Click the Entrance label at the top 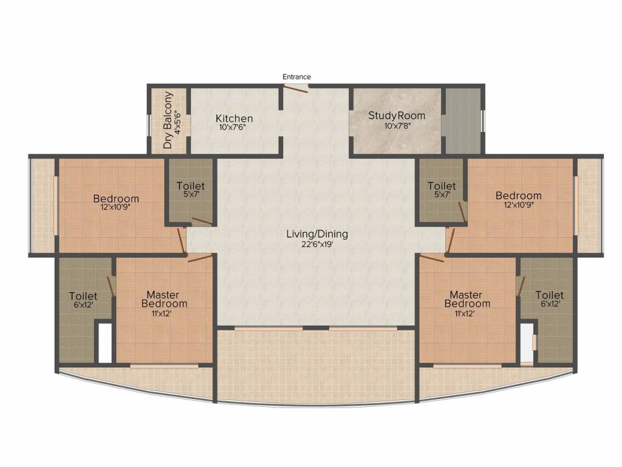(x=296, y=77)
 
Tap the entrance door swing (x=296, y=89)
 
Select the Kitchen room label (x=234, y=118)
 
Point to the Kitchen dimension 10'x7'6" (x=234, y=127)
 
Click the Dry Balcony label (x=169, y=120)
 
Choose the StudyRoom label (x=397, y=116)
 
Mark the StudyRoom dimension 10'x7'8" (x=397, y=126)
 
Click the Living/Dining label (x=317, y=233)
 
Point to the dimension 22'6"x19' (x=317, y=244)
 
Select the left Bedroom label (x=115, y=198)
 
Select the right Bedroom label (x=518, y=195)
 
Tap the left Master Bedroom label (x=164, y=299)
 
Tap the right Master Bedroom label (x=467, y=299)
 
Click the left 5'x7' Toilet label (x=190, y=185)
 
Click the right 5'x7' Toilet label (x=442, y=185)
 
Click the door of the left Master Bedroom (x=200, y=258)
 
